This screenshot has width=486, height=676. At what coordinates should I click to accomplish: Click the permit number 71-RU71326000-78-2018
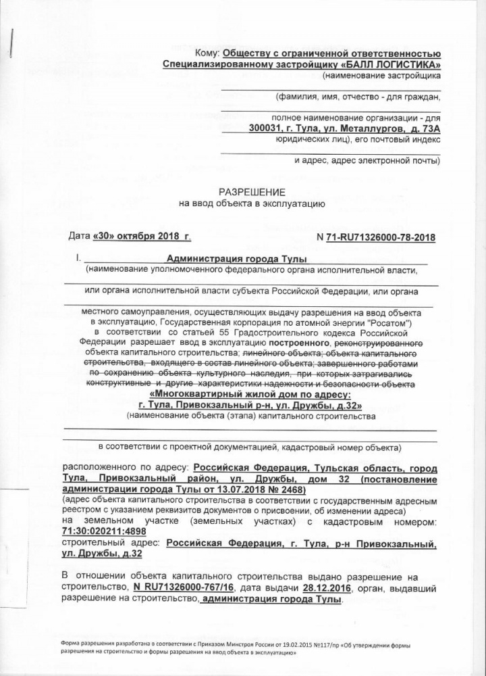point(380,237)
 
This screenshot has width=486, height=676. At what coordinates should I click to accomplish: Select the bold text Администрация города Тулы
point(236,260)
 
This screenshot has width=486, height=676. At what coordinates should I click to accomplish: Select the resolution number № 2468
point(286,489)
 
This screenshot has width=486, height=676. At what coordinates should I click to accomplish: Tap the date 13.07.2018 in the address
point(232,489)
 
